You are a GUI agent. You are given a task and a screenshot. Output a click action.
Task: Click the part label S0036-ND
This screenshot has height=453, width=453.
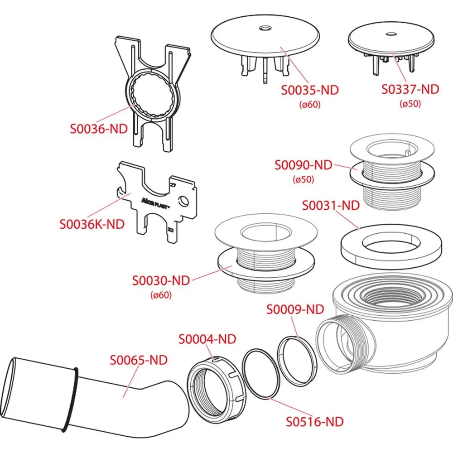point(99,129)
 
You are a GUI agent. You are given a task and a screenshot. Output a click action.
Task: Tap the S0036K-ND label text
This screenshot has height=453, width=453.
point(92,224)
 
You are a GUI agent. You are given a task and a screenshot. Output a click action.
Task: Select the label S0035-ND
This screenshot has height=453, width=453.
point(310,90)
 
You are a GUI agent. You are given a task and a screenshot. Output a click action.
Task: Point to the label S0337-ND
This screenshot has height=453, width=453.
point(410,89)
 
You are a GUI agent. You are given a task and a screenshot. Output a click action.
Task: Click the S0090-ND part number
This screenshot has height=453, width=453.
point(304,165)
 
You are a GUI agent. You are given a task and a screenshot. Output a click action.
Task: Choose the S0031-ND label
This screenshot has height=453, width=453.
point(331,206)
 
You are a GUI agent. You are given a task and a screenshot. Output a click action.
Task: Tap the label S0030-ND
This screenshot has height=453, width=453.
point(161,280)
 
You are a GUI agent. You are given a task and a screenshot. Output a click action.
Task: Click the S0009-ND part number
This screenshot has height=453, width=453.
point(295,309)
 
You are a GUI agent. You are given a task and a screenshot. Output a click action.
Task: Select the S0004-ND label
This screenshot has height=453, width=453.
point(207,339)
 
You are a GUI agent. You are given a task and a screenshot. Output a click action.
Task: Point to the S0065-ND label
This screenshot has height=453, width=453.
point(139,360)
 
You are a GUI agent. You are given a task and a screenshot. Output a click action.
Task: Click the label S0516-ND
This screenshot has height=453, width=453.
point(315,422)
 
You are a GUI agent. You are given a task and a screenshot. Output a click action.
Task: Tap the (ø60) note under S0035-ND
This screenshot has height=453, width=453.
point(310,104)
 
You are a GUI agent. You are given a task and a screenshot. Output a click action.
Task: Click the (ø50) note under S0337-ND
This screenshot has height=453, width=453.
point(410,103)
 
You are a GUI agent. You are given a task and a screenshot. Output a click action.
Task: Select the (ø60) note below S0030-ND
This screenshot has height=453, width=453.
point(161,295)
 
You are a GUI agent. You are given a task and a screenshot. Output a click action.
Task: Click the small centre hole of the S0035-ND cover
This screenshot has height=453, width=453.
point(265,28)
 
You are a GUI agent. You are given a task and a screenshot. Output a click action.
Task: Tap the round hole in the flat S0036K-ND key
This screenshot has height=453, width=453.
point(183,201)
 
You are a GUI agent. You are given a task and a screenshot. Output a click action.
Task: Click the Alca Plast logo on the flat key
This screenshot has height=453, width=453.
point(155,204)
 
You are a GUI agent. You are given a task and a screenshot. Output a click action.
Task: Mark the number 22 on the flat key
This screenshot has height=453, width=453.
point(171,230)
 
